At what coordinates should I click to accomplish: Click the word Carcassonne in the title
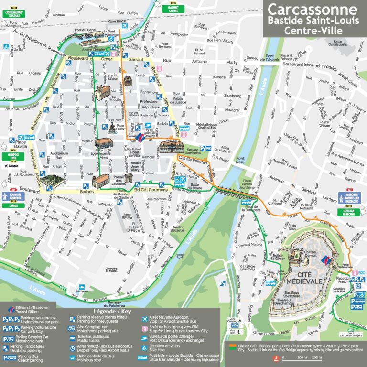point(312,10)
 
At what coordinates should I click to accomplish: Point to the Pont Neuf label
point(240,161)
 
